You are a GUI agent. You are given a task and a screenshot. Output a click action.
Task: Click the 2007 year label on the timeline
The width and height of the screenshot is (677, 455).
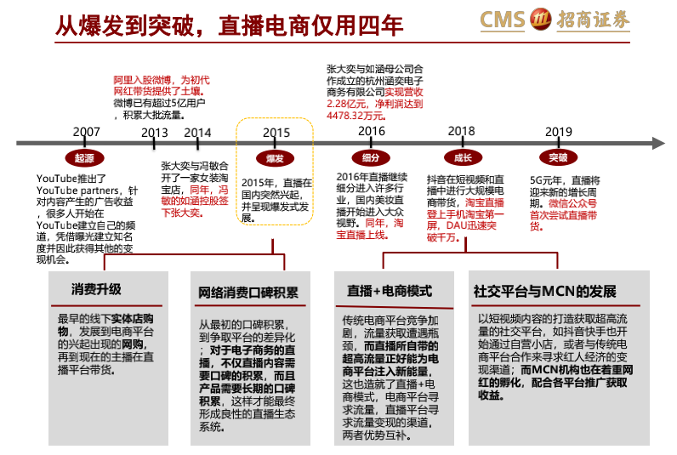tap(87, 132)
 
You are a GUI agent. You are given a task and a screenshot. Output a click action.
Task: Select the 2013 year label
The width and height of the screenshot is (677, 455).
tap(155, 133)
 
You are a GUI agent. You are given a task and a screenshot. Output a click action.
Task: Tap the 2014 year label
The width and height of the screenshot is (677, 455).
tap(197, 133)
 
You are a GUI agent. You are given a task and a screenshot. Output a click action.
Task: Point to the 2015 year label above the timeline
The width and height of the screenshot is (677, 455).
tap(276, 133)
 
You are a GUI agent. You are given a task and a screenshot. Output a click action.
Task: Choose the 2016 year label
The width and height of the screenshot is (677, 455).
tap(372, 131)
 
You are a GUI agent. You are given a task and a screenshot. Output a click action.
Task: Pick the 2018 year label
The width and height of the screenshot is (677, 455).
tap(461, 131)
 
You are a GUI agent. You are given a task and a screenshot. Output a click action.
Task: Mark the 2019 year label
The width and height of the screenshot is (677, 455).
tap(559, 132)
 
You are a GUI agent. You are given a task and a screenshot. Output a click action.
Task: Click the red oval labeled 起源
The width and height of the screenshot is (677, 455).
tap(85, 158)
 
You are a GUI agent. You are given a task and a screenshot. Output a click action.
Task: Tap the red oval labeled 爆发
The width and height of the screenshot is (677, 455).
tap(275, 158)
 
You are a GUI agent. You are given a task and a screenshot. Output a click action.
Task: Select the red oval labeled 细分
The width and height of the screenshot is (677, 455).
tap(371, 158)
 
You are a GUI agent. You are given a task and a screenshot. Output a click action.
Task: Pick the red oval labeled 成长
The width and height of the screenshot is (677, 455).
tap(463, 158)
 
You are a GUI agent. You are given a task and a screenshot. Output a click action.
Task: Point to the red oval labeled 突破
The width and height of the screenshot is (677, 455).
tap(558, 157)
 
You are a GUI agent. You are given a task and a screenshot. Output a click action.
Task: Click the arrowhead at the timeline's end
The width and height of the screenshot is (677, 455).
tap(658, 144)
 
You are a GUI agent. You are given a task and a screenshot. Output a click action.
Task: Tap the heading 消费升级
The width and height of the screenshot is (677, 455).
tap(96, 289)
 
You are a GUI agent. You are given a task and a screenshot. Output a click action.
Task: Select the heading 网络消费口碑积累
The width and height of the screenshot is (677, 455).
tap(248, 293)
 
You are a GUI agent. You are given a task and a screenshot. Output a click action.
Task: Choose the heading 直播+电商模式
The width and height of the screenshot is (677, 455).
tap(390, 291)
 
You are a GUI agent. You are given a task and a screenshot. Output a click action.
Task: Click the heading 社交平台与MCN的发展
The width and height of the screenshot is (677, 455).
tap(545, 292)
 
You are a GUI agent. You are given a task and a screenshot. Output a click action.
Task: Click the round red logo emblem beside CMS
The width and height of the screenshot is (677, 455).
tap(541, 19)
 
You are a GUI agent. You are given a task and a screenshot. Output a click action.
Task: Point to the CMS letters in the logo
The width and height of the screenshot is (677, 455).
tap(503, 20)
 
